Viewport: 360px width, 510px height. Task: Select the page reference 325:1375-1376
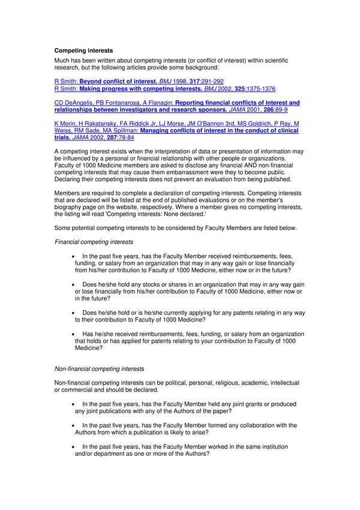pos(255,89)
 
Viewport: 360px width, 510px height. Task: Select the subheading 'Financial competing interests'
pos(94,242)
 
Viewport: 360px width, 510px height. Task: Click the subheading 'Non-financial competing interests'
pos(99,368)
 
